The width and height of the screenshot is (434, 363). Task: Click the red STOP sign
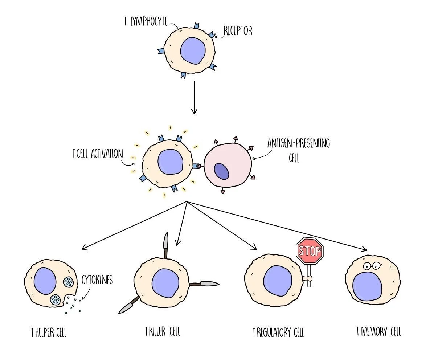pos(309,251)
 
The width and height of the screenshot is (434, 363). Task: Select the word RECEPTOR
pos(238,31)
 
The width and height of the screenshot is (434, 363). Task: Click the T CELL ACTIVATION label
pos(98,154)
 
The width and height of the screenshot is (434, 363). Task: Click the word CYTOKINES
pos(97,281)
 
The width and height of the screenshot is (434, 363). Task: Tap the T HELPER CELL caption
pos(49,333)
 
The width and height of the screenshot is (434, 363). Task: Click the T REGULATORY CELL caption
pos(278,332)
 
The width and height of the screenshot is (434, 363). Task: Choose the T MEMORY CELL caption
pos(378,331)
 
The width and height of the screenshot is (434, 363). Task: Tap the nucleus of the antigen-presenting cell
pos(221,171)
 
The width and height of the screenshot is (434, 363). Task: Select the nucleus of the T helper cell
pos(45,281)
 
